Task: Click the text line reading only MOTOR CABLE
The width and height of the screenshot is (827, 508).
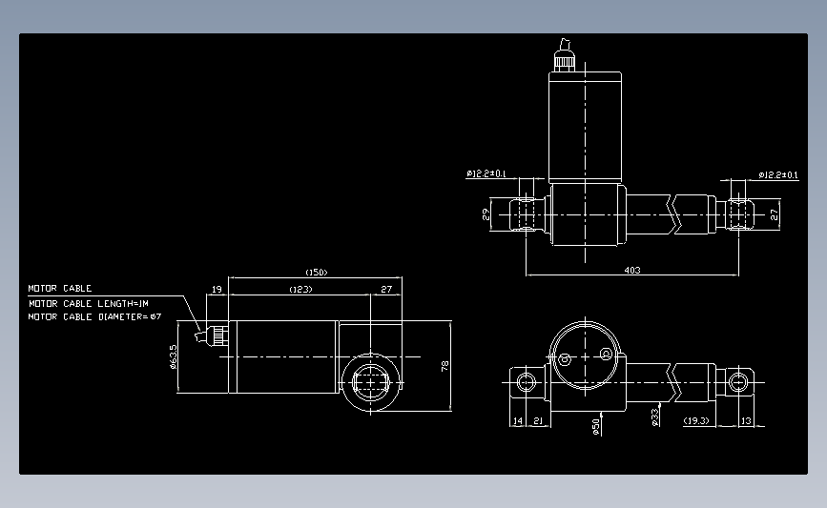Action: [x=59, y=288]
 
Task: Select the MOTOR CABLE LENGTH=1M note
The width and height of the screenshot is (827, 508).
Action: [x=89, y=303]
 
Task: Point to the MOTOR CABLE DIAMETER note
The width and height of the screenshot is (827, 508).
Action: [x=94, y=317]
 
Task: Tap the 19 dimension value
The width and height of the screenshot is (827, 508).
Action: [x=217, y=288]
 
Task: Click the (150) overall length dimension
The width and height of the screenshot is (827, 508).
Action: [x=316, y=273]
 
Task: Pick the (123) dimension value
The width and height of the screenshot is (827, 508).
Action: [x=300, y=288]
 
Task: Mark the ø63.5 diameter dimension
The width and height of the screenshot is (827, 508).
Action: [x=173, y=356]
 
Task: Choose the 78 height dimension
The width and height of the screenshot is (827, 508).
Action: [x=445, y=366]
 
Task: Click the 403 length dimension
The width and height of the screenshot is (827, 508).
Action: [x=631, y=270]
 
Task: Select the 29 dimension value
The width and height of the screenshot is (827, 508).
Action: [x=486, y=214]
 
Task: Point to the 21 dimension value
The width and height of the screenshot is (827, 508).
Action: [x=538, y=420]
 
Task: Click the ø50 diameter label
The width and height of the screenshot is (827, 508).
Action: [x=596, y=426]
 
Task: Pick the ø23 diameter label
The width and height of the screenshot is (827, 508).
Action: [x=655, y=417]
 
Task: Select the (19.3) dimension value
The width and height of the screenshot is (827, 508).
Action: [x=696, y=420]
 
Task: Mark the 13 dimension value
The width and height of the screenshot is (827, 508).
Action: [x=745, y=420]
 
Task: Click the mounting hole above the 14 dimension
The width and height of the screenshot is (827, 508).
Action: [x=526, y=383]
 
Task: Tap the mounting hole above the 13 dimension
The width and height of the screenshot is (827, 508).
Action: [x=736, y=383]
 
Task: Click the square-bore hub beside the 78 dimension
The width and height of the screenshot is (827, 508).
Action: [x=370, y=382]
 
